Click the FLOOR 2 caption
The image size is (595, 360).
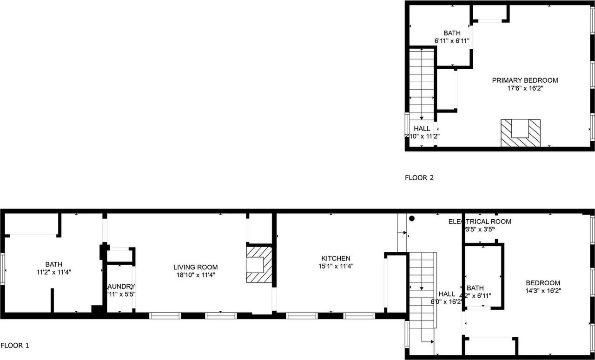tap(419, 177)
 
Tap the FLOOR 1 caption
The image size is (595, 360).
tap(15, 346)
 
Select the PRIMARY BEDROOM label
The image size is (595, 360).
tap(525, 80)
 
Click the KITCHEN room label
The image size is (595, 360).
tap(336, 258)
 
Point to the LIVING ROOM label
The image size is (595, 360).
tap(195, 267)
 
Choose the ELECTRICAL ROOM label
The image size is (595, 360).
tap(479, 222)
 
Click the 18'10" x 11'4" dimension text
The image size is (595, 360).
tap(195, 275)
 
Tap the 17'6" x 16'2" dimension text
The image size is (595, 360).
tap(525, 88)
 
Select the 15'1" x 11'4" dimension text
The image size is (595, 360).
tap(336, 266)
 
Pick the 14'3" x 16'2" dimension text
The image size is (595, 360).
tap(542, 291)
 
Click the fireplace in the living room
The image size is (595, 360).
tap(258, 264)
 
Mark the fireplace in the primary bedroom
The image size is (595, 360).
tap(520, 132)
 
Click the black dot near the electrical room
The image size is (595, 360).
tap(411, 218)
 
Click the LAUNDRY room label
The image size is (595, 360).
tap(121, 287)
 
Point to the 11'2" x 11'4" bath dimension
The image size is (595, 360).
tap(53, 272)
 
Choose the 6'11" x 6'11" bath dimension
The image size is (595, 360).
tap(451, 41)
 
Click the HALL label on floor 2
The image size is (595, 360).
tap(422, 128)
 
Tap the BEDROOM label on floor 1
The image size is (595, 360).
tap(542, 283)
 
